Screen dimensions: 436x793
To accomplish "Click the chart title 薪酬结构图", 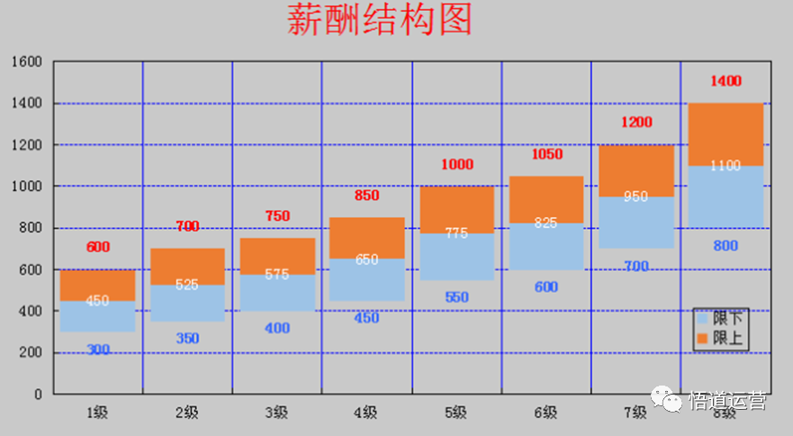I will coord(379,20).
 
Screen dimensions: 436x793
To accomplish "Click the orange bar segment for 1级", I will coord(97,285).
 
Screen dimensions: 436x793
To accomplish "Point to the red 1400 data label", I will coord(725,81).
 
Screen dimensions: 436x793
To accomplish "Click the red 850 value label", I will coord(366,195).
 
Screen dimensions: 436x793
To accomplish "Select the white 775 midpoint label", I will coord(456,232).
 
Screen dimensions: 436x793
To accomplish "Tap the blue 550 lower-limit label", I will coord(456,297).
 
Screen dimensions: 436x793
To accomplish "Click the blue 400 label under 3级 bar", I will coord(277,328).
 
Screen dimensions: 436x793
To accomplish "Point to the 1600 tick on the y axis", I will coord(27,62).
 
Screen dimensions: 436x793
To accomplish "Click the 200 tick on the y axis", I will coord(32,353).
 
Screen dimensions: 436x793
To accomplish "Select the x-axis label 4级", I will coord(366,413).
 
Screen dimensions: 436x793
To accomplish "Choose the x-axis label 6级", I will coord(545,413).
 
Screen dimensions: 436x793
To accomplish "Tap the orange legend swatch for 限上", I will coord(702,339).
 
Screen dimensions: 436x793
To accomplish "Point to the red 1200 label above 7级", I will coord(635,123).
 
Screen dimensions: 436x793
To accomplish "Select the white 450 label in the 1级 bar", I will coord(97,301).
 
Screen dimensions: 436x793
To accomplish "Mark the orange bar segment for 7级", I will coord(635,171).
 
